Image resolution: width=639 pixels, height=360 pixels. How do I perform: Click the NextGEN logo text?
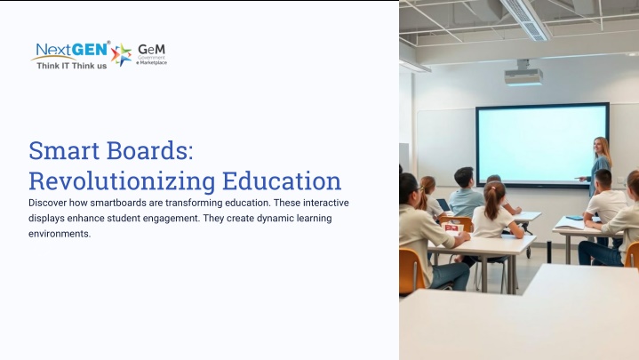(x=72, y=50)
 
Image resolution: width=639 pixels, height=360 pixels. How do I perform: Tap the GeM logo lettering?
(x=152, y=49)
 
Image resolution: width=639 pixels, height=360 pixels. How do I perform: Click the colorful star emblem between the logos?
(x=122, y=54)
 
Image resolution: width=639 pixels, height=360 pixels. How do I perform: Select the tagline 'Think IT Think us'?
(x=72, y=66)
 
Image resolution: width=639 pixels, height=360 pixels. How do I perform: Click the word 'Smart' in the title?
(x=64, y=150)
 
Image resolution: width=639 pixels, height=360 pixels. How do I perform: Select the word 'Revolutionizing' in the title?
(x=122, y=181)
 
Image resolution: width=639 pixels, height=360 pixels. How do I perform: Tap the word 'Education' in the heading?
(x=282, y=181)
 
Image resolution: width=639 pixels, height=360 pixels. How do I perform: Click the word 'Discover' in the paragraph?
(x=47, y=203)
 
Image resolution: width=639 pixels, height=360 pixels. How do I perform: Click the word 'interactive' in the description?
(x=325, y=203)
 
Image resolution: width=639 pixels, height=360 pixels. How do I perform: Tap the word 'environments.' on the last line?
(x=60, y=234)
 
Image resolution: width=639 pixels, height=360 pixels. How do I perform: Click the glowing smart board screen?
(x=542, y=144)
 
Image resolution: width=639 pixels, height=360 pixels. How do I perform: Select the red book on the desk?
(x=453, y=227)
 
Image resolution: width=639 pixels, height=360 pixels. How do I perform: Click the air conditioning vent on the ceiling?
(x=527, y=20)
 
